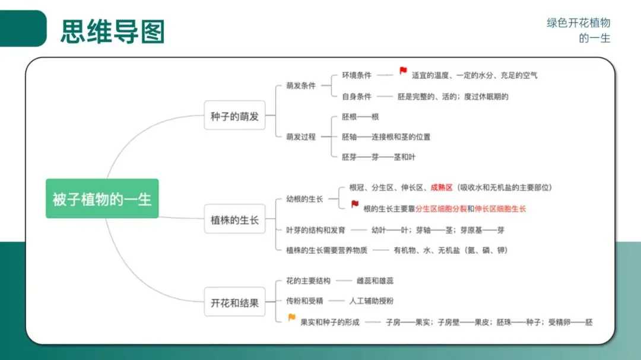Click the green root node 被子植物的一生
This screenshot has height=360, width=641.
point(102,199)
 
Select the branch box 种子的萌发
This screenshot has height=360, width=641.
point(234,117)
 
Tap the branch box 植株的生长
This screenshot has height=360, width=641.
point(234,220)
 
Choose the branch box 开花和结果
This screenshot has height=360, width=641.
point(234,302)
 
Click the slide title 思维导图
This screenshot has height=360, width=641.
point(112,31)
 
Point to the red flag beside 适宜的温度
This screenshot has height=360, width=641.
point(403,71)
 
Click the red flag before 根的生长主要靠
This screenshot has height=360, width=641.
point(355,205)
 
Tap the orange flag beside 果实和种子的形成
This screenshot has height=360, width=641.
point(291,318)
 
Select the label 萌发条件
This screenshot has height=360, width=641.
point(301,85)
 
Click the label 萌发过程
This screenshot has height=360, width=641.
point(301,136)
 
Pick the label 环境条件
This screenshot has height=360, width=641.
point(357,75)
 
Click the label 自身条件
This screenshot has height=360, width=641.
point(357,96)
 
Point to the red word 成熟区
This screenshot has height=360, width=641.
point(442,187)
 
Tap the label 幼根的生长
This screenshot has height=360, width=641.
point(304,199)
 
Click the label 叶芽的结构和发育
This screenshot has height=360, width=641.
point(315,230)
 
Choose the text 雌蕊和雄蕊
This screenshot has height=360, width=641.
point(375,281)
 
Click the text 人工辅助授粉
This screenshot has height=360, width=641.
point(371,301)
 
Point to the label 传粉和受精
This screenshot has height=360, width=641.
point(304,301)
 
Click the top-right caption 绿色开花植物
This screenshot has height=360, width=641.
point(578,23)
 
